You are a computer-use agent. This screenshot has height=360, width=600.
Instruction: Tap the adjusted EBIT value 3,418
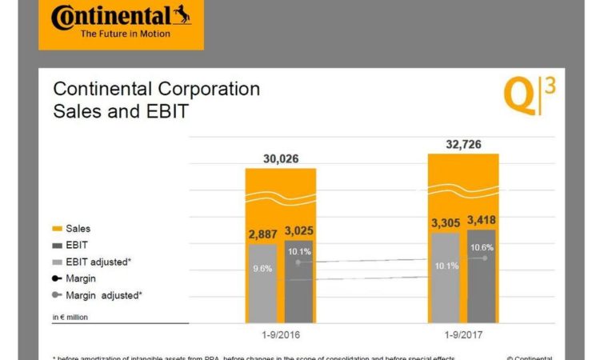click(x=483, y=219)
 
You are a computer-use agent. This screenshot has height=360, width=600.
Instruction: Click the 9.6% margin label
click(x=262, y=269)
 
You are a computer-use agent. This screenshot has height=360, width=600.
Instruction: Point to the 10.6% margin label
click(x=482, y=247)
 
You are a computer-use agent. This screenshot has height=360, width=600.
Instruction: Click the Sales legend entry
click(x=78, y=229)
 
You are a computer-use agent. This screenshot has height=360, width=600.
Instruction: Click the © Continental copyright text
click(x=529, y=358)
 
